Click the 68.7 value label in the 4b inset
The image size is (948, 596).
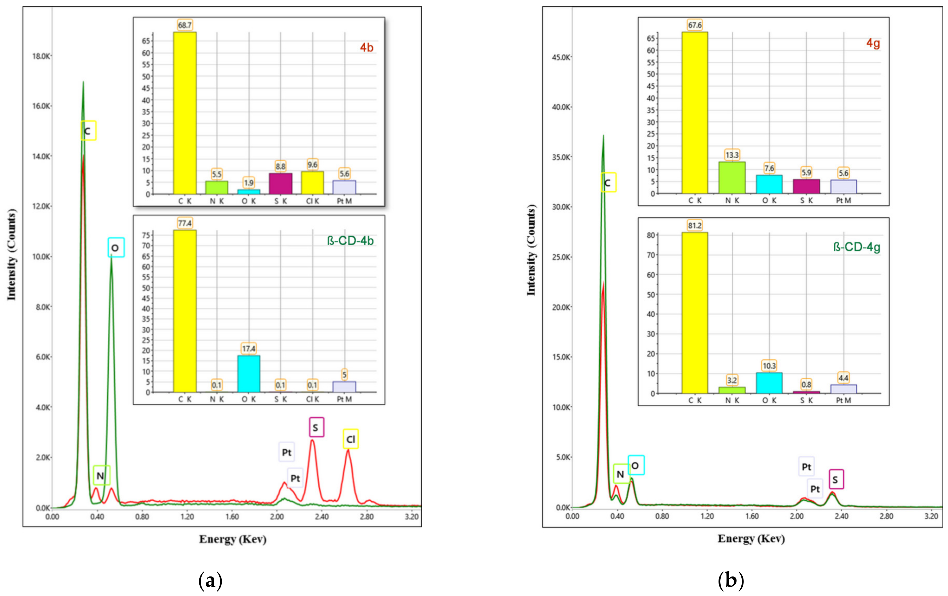185,25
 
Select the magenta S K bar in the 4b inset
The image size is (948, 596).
280,184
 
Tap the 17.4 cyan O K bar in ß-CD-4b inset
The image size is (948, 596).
248,373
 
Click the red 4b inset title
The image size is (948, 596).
366,48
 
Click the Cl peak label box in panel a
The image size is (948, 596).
350,439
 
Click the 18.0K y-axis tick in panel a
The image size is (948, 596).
41,56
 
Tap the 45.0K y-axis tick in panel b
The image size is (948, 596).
561,57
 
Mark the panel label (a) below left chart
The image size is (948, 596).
210,581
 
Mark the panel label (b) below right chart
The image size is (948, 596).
731,581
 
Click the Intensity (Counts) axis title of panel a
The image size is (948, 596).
12,255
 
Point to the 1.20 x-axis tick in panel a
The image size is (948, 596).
187,516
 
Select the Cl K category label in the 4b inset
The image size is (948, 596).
313,201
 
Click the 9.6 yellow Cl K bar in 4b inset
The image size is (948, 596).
313,183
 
